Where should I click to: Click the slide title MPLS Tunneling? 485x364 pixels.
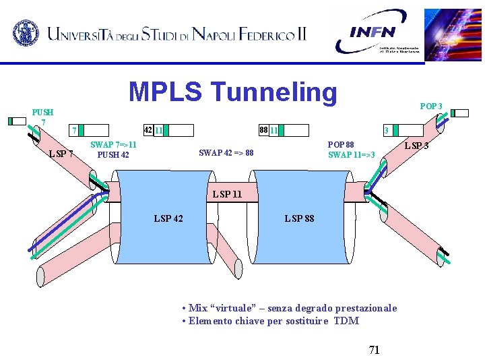coord(232,92)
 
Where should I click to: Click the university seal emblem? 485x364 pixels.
coord(26,32)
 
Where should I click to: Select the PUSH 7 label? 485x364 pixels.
coord(43,116)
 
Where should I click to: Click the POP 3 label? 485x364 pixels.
coord(431,107)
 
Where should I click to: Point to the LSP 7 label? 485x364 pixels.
coord(61,154)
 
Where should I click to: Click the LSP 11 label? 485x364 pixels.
coord(227,195)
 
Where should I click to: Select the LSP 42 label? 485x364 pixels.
coord(168,218)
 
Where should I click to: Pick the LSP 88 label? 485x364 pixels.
coord(299,218)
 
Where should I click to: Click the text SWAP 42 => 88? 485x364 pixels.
coord(226,153)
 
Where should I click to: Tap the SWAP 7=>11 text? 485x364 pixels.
coord(113,145)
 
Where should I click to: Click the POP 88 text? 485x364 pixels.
coord(341,145)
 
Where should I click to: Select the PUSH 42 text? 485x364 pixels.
coord(113,155)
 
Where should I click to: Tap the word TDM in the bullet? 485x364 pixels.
coord(346,321)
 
